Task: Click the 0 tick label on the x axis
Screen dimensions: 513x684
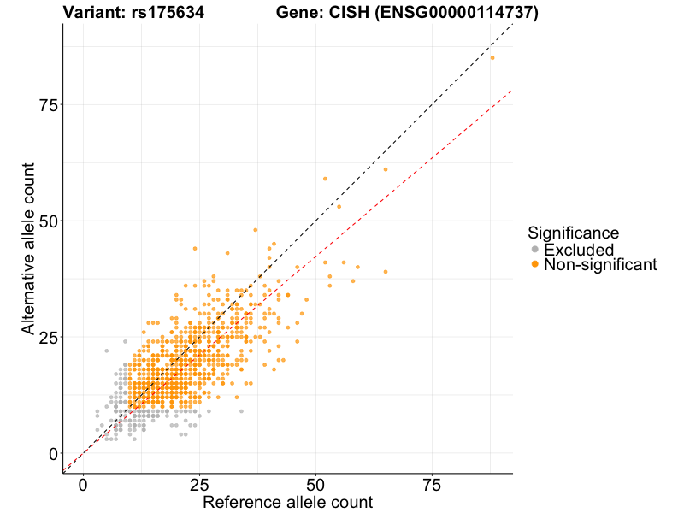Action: coord(83,485)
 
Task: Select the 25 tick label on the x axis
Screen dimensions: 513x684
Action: coord(199,485)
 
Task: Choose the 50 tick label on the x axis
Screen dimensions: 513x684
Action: coord(315,485)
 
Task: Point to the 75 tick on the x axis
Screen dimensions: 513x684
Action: coord(432,485)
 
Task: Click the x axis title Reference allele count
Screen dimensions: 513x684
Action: coord(287,502)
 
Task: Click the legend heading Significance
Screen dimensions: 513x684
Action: coord(573,233)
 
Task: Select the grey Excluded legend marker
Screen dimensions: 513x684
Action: coord(535,250)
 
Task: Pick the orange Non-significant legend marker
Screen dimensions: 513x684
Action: coord(535,265)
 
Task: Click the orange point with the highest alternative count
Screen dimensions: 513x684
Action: coord(492,58)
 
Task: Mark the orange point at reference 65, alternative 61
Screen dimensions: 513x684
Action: coord(386,169)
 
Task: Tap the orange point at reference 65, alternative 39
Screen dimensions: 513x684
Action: coord(386,272)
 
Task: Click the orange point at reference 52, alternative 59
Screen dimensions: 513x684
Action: coord(325,179)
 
